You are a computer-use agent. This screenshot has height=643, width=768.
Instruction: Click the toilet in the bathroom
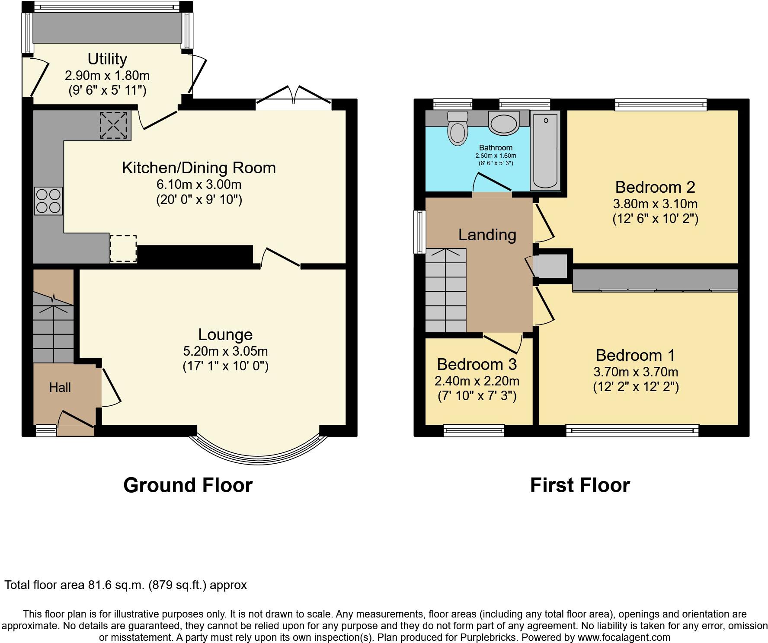458,128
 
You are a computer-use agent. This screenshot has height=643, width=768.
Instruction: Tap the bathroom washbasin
503,123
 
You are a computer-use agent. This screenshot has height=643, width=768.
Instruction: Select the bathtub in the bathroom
545,150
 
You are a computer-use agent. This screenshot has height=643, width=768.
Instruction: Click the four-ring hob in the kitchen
48,201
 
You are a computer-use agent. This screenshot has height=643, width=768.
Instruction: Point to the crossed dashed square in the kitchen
115,126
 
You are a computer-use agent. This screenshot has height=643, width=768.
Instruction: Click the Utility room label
107,59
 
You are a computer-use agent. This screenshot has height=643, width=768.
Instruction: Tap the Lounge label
225,334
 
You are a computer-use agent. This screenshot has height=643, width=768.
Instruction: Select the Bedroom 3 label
477,364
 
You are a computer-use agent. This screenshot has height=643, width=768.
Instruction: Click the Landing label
487,235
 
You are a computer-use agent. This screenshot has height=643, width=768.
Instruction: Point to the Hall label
60,387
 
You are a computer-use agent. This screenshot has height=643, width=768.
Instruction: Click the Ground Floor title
188,485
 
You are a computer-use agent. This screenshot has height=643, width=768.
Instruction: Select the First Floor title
580,485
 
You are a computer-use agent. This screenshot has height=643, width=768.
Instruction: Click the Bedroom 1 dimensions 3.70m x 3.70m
636,372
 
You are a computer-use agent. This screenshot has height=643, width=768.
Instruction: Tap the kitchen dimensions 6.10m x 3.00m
199,185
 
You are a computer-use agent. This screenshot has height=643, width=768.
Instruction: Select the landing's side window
419,232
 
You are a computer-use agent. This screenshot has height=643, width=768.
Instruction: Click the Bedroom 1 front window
632,430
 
